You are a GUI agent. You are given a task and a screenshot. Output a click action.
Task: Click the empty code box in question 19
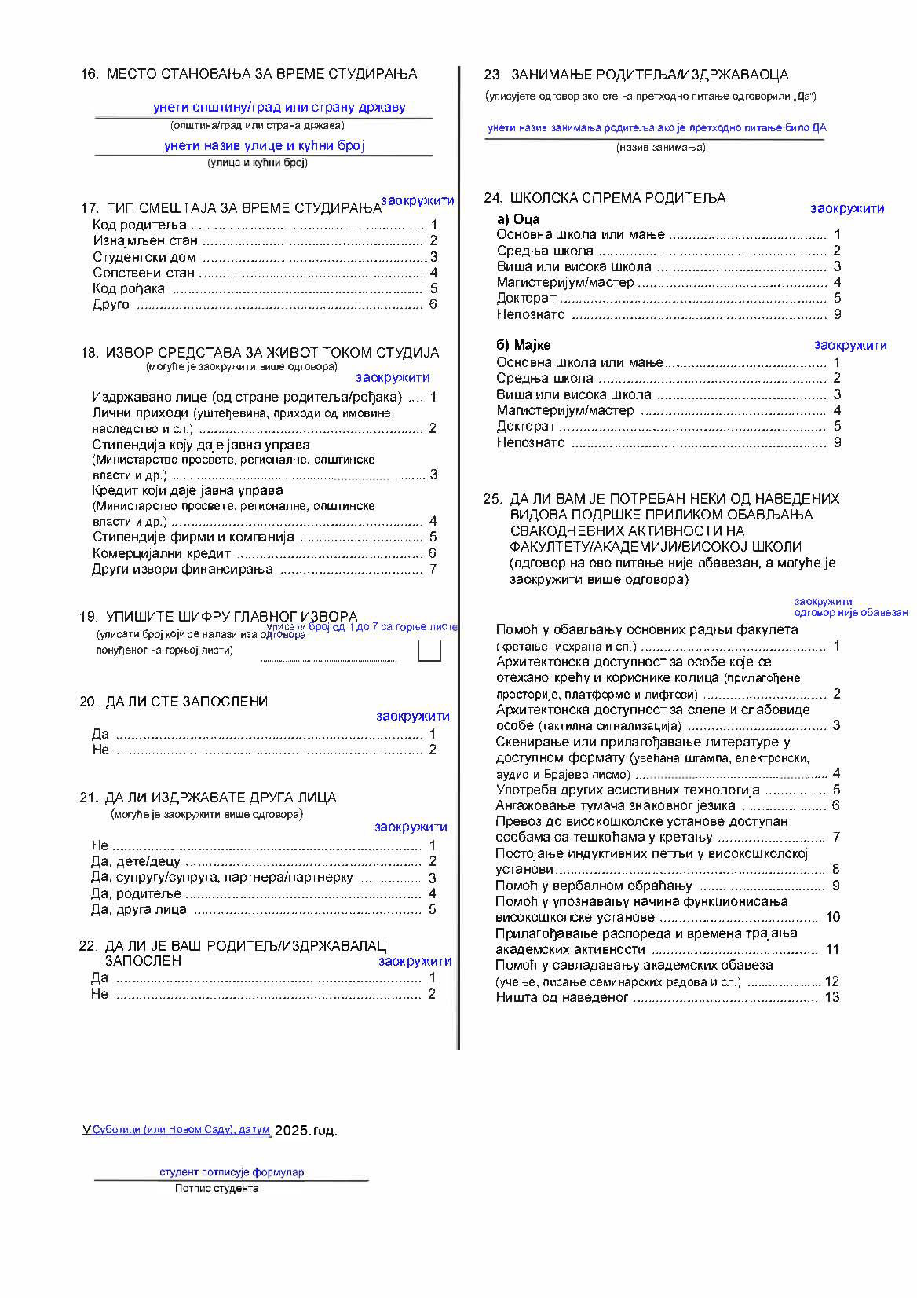click(x=429, y=651)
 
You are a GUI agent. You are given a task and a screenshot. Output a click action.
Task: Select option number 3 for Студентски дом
click(x=433, y=257)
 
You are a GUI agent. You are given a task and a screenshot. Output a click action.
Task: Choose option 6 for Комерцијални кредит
click(x=433, y=553)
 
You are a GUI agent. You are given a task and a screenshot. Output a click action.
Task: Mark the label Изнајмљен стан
click(x=145, y=240)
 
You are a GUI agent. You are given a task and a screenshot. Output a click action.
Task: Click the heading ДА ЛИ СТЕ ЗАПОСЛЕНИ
click(x=186, y=701)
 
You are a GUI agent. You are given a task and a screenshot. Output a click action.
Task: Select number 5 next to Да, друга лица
click(x=432, y=909)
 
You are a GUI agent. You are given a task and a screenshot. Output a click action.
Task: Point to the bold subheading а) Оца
click(x=518, y=219)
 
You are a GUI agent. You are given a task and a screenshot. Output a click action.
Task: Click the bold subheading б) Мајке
click(x=524, y=345)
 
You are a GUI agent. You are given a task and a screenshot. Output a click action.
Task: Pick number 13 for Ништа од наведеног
click(x=832, y=997)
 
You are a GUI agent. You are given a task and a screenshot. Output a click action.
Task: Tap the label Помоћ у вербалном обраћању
click(x=594, y=885)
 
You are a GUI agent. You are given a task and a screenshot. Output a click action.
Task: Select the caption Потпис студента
click(x=217, y=1188)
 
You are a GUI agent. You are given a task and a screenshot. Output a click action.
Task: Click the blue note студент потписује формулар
click(x=232, y=1171)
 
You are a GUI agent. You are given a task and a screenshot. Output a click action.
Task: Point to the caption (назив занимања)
click(x=660, y=147)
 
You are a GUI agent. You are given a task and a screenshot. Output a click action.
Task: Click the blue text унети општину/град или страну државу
click(x=279, y=107)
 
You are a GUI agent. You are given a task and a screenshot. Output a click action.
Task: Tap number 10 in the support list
click(x=832, y=917)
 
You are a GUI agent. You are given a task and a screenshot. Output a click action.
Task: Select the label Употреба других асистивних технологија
click(x=627, y=790)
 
